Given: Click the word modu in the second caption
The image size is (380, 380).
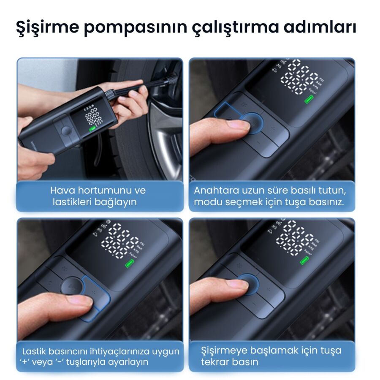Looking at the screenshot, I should point(205,202).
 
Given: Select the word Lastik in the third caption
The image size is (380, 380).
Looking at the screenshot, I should point(35,351).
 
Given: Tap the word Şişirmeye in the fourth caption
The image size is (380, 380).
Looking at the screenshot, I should point(223,350).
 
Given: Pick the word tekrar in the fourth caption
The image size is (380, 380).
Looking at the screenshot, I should point(214,362).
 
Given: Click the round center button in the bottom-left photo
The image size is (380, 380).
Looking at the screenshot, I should point(71,286).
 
